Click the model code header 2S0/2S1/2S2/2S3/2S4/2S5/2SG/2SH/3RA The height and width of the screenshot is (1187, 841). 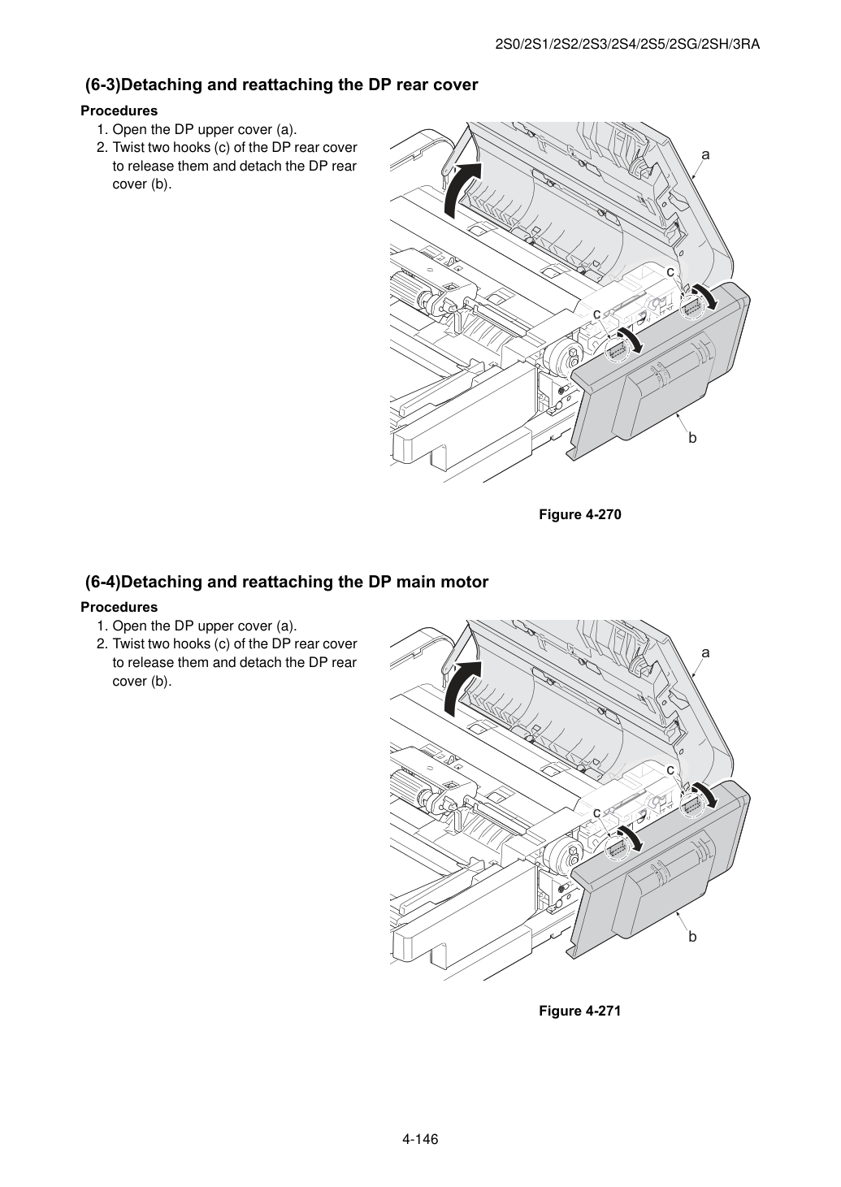pos(627,45)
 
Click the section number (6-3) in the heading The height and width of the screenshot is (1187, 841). pos(103,84)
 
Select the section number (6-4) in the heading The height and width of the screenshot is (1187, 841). pos(103,582)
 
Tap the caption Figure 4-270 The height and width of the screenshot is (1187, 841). pos(579,514)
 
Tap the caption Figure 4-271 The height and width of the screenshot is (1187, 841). pos(579,1011)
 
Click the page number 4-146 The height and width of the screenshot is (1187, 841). pos(420,1139)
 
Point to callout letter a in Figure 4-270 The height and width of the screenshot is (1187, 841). pos(705,154)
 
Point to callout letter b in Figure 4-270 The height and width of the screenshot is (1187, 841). pos(692,438)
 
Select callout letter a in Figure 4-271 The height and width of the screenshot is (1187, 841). pos(705,653)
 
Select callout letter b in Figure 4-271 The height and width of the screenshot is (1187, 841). pos(692,936)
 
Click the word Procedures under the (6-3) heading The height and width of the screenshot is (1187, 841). pos(119,110)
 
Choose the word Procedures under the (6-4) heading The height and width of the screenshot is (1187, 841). pos(119,607)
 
